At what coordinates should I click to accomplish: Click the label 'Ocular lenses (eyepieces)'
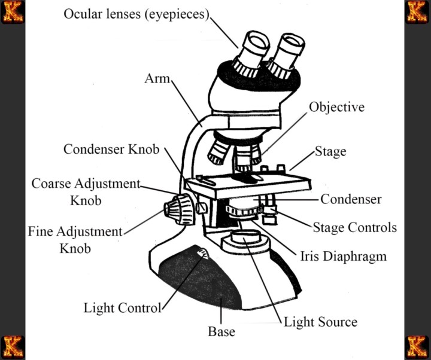[x=136, y=14]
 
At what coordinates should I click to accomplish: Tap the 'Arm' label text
[x=158, y=79]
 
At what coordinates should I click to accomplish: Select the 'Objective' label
[x=336, y=107]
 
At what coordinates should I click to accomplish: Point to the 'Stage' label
[x=330, y=151]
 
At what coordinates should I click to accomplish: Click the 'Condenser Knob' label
[x=111, y=149]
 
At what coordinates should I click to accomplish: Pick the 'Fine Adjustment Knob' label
[x=75, y=239]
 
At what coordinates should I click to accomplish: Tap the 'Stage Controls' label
[x=355, y=228]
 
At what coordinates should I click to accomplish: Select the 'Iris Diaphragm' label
[x=343, y=257]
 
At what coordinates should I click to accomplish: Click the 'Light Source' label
[x=320, y=322]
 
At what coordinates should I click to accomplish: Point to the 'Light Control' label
[x=122, y=309]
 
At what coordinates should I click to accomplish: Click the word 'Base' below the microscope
[x=221, y=331]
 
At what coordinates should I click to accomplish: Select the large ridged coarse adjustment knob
[x=177, y=209]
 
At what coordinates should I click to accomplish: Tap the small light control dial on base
[x=202, y=256]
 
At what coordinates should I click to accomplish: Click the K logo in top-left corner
[x=12, y=12]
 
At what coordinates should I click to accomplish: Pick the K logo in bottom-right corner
[x=418, y=347]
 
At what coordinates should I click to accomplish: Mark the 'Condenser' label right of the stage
[x=351, y=199]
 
